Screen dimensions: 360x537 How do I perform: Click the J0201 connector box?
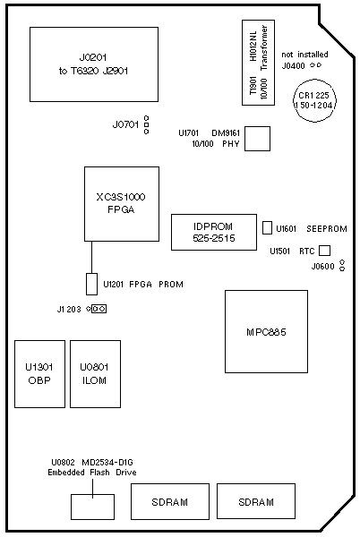(94, 64)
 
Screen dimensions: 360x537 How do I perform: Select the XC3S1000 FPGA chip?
(122, 204)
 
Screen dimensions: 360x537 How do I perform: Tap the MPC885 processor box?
(266, 331)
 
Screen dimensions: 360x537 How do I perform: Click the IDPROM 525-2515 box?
(214, 232)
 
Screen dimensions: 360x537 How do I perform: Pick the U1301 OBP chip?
(39, 374)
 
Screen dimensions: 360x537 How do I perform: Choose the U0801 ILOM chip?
(95, 374)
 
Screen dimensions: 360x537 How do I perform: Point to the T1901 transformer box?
(258, 63)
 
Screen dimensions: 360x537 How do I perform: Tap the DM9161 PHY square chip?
(257, 139)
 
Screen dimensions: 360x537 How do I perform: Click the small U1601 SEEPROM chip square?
(267, 228)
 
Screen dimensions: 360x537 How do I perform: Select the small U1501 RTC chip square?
(324, 251)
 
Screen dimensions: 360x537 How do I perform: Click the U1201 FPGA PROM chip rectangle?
(91, 284)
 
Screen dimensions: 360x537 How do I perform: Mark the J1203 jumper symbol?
(97, 309)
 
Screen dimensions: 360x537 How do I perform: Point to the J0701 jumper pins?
(147, 125)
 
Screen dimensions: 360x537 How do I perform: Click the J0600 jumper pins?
(342, 266)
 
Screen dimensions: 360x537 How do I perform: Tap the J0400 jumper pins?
(315, 65)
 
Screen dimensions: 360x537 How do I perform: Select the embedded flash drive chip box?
(92, 507)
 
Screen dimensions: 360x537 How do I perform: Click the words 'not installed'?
(304, 55)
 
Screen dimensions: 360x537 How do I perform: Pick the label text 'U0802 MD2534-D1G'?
(92, 463)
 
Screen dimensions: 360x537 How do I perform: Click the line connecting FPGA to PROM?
(91, 257)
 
